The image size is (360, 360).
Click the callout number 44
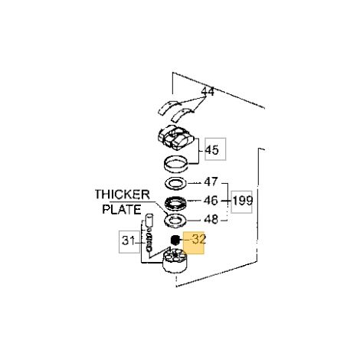point(208,91)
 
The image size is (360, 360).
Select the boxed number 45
point(212,150)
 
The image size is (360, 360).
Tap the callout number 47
point(211,182)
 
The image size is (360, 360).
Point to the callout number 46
point(211,201)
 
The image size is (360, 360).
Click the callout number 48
point(211,219)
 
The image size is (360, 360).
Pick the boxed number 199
point(243,201)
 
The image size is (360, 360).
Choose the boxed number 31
point(128,241)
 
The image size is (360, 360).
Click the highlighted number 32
point(199,239)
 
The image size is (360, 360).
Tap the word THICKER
point(123,195)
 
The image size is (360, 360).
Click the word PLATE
point(122,209)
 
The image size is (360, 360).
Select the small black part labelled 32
point(175,240)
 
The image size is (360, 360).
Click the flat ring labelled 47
point(175,183)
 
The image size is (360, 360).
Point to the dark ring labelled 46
point(175,202)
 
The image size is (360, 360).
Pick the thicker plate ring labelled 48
point(175,221)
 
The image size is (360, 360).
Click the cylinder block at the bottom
point(175,262)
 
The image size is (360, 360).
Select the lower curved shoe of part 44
point(182,115)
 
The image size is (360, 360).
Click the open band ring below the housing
point(175,164)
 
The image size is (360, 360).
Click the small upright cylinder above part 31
point(149,220)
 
